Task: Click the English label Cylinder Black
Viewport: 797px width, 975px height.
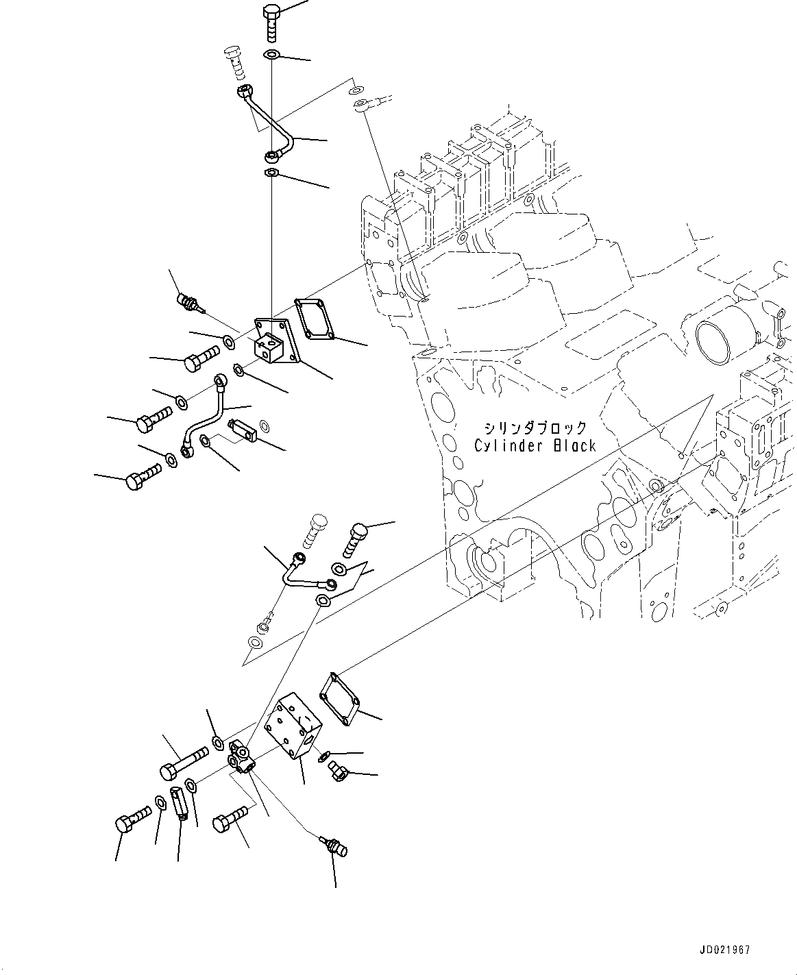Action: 535,445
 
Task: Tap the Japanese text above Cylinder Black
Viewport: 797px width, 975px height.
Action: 535,428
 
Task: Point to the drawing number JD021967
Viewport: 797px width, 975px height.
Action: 725,950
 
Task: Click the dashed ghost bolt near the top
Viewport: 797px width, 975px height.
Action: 234,62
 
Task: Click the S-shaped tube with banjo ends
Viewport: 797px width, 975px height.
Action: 204,418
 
